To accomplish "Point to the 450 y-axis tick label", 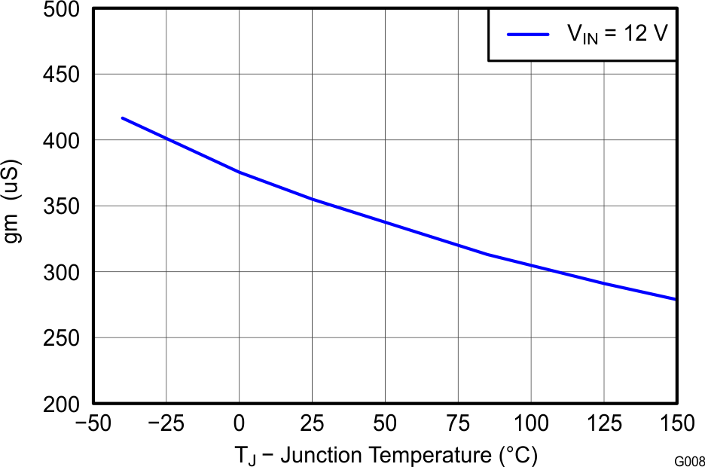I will pyautogui.click(x=63, y=75).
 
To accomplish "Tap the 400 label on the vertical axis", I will pyautogui.click(x=63, y=141).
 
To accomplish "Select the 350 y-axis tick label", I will pyautogui.click(x=63, y=206).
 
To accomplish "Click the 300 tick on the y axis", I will pyautogui.click(x=63, y=272).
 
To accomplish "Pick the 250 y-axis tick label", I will pyautogui.click(x=63, y=338).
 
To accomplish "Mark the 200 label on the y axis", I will pyautogui.click(x=63, y=404).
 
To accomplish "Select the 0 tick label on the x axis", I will pyautogui.click(x=239, y=424).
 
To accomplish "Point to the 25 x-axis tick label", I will pyautogui.click(x=312, y=424).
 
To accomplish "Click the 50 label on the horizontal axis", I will pyautogui.click(x=385, y=424).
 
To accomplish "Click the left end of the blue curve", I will pyautogui.click(x=122, y=118).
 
